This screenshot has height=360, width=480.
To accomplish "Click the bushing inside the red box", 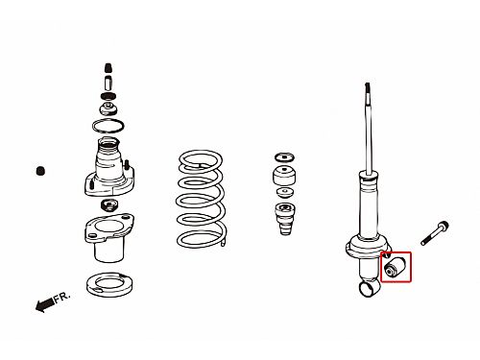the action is pos(396,267).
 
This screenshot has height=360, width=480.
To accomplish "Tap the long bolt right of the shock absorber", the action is pos(435,233).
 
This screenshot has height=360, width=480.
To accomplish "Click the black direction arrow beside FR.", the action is pos(44,304).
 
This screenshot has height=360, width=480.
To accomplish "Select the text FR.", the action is pos(61,297).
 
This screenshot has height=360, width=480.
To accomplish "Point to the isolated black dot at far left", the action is pos(40,171).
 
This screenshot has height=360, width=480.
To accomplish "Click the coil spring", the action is pos(202,199).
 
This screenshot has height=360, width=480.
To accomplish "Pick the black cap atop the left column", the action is pos(108,68).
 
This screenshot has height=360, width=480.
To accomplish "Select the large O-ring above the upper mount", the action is pos(108,126).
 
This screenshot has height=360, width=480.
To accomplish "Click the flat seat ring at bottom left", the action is pos(109,284).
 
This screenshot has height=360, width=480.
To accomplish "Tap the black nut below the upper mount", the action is pos(108,204).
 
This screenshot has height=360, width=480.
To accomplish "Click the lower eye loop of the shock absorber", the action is pos(369,288).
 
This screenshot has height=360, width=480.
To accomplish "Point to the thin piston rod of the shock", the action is pos(370,137).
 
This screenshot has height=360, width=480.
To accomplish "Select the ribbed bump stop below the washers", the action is pos(284,219).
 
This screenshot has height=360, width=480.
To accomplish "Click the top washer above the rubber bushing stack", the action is pos(284,157).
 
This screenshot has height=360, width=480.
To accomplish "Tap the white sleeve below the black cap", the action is pos(108,83).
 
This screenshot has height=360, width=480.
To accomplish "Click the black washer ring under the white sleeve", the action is pos(108,96).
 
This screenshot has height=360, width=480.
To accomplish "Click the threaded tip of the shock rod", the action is pos(368,90).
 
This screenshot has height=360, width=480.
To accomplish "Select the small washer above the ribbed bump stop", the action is pos(284,193).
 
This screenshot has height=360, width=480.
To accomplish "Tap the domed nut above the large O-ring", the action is pos(108,109).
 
